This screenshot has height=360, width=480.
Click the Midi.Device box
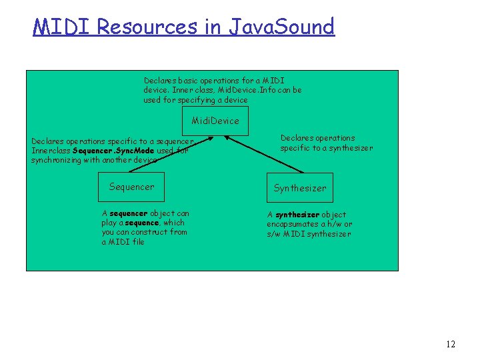215,121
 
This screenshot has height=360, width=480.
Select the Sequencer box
131,187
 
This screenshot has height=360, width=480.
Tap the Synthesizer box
300,188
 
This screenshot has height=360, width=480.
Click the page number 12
450,344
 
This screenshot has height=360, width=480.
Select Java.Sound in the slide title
281,27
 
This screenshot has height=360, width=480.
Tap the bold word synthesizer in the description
297,215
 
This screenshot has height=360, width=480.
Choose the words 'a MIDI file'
123,242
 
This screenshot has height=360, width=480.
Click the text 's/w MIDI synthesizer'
309,234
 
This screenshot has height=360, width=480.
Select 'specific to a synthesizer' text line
327,148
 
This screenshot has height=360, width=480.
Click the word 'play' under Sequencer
110,223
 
